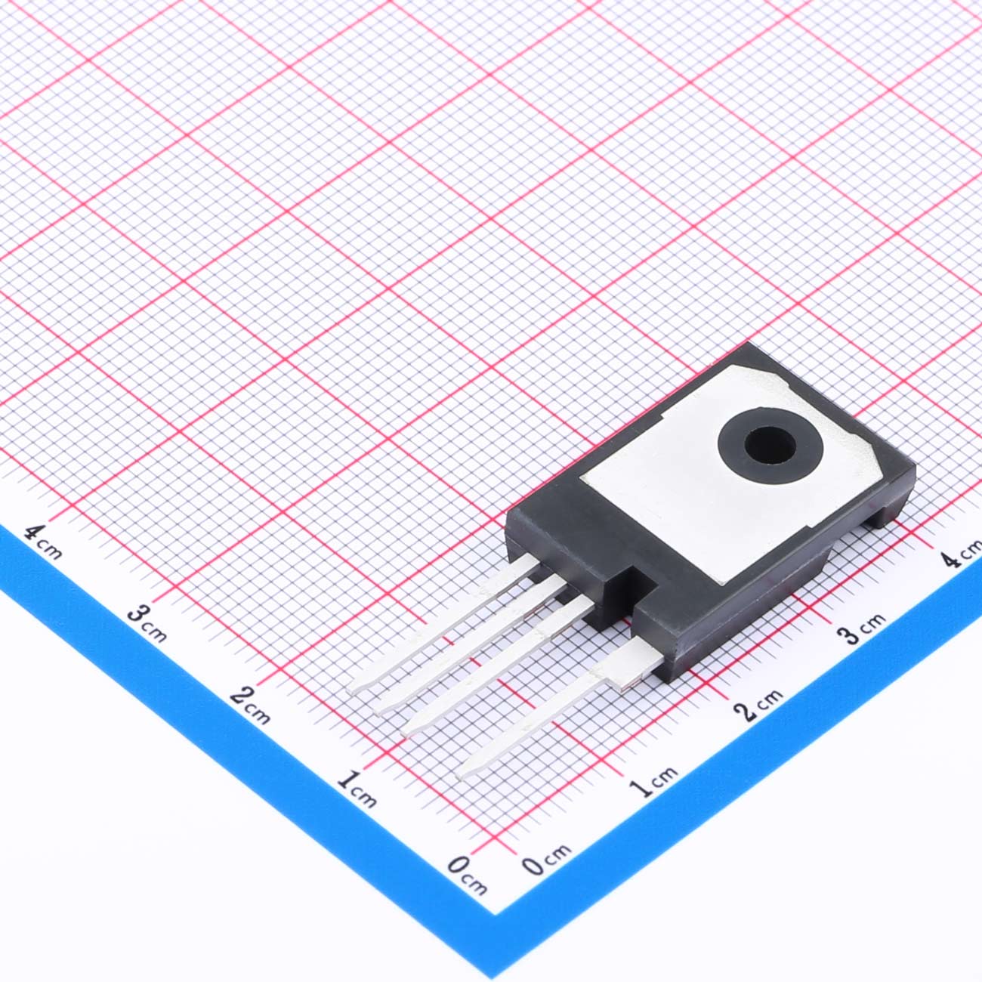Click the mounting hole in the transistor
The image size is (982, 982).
click(x=770, y=445)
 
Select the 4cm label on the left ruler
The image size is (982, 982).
click(x=44, y=542)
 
